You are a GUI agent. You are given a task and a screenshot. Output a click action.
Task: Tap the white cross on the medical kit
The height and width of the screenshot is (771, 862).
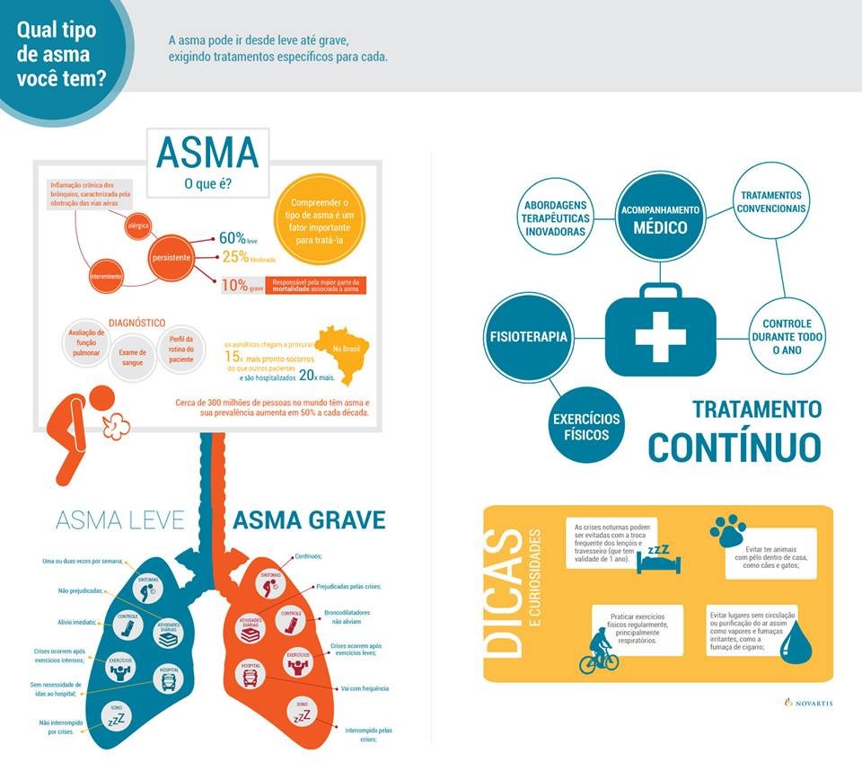coord(660,334)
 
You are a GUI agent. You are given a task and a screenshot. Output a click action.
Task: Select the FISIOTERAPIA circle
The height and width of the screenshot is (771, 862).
coord(528,337)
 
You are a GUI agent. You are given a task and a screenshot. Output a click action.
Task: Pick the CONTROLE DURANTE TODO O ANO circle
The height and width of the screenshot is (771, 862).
coord(787,336)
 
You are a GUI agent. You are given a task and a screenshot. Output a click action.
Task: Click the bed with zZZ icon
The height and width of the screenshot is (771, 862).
coord(657,557)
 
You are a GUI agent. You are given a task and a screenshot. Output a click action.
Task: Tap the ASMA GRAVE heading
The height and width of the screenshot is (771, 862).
coord(310,519)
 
